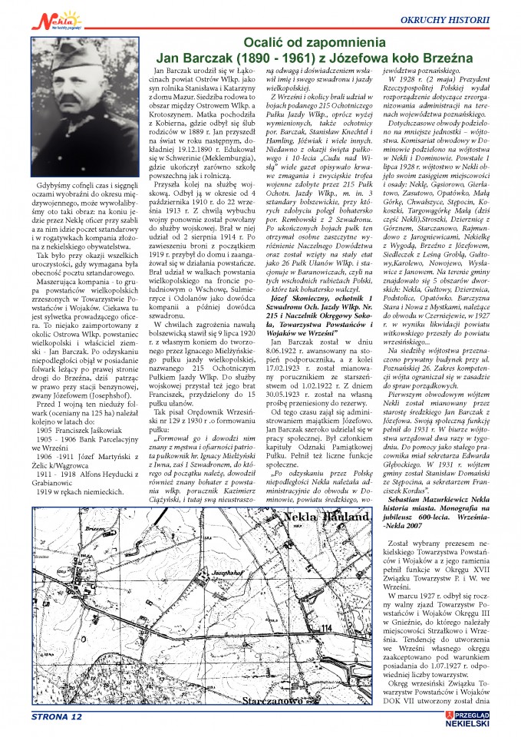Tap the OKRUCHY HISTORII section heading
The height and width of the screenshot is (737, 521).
pyautogui.click(x=470, y=18)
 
